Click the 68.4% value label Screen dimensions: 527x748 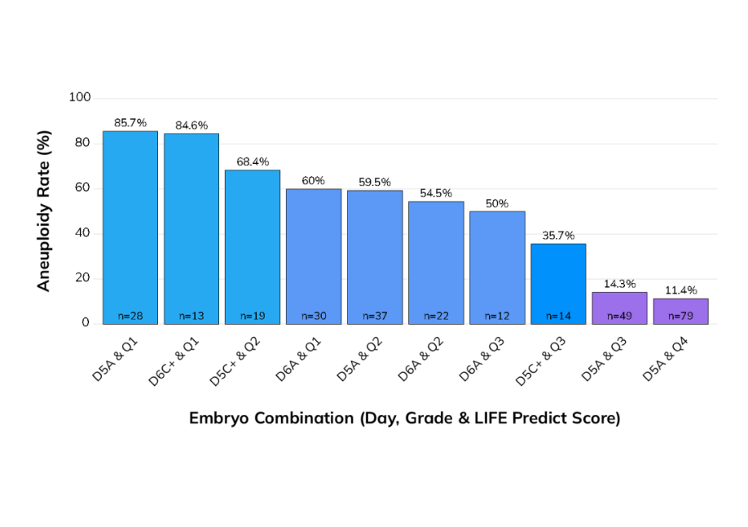pos(253,162)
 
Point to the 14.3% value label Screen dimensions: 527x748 pos(619,285)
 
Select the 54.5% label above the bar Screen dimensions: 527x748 pos(436,193)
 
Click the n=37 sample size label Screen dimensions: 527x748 pos(375,316)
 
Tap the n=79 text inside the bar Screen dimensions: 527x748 pos(680,316)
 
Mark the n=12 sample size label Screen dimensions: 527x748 pos(497,316)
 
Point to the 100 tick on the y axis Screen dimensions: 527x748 pos(80,98)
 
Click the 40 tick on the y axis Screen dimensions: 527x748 pos(83,233)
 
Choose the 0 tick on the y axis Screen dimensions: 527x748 pos(86,323)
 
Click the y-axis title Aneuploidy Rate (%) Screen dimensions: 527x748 pos(45,210)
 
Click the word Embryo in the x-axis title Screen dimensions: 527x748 pos(219,418)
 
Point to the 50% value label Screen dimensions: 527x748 pos(497,203)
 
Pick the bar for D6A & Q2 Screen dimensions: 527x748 pos(436,261)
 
